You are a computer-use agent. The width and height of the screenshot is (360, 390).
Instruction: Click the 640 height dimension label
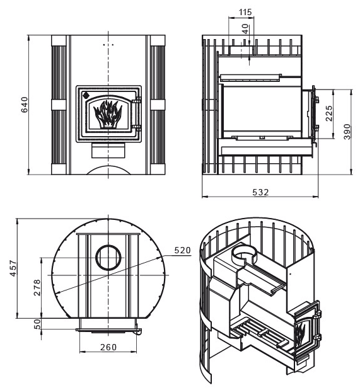tap(25, 105)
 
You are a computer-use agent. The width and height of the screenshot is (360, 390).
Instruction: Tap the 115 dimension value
tap(245, 12)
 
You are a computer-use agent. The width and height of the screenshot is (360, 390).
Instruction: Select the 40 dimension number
tap(245, 29)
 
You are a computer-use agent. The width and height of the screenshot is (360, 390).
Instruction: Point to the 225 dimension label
tap(329, 113)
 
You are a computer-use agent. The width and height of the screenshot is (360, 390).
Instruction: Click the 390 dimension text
tap(347, 132)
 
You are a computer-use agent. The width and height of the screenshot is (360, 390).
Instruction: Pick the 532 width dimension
tap(260, 192)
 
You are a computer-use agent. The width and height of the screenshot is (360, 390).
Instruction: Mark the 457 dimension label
tap(13, 268)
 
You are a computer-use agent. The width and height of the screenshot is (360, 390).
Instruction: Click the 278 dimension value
tap(37, 287)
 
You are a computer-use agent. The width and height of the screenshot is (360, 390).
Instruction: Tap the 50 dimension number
tap(37, 324)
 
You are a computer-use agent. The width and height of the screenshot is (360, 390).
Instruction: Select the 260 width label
tap(108, 347)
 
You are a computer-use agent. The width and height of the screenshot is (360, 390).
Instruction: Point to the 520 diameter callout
tap(182, 250)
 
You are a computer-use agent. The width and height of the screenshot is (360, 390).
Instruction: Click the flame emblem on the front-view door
tap(108, 113)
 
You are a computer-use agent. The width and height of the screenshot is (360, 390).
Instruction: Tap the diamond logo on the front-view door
tap(86, 95)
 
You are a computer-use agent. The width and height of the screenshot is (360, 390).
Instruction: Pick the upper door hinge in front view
tap(137, 101)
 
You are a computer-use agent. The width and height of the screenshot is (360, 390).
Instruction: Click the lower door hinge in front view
tap(137, 129)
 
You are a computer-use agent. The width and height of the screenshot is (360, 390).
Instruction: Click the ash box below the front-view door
tap(108, 150)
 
